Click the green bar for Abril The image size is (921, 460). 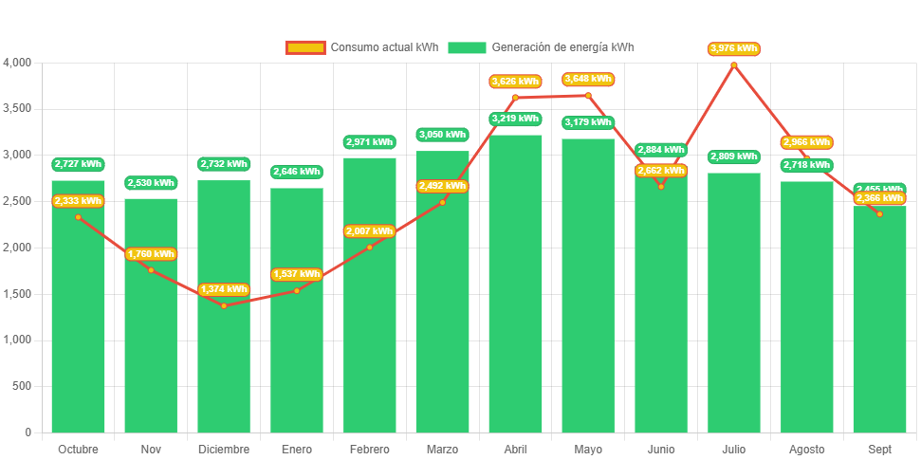(515, 285)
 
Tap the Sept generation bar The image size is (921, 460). (879, 322)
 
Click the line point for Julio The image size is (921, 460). (733, 64)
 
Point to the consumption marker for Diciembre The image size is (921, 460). (224, 305)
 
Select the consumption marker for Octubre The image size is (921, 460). (78, 217)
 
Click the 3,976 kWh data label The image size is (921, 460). (733, 48)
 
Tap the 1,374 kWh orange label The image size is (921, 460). (224, 289)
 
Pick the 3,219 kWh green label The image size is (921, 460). (515, 119)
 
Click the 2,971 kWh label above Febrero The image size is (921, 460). (369, 142)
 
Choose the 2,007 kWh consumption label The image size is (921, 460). (369, 231)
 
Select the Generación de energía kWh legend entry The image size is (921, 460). (542, 47)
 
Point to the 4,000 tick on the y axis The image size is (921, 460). (18, 63)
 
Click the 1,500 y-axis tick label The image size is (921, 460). (18, 294)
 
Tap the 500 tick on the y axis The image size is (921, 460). (22, 386)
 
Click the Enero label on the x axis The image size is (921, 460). (296, 449)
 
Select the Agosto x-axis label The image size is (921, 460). (806, 449)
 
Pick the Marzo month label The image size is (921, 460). (442, 449)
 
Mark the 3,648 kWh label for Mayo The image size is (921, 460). (588, 79)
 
